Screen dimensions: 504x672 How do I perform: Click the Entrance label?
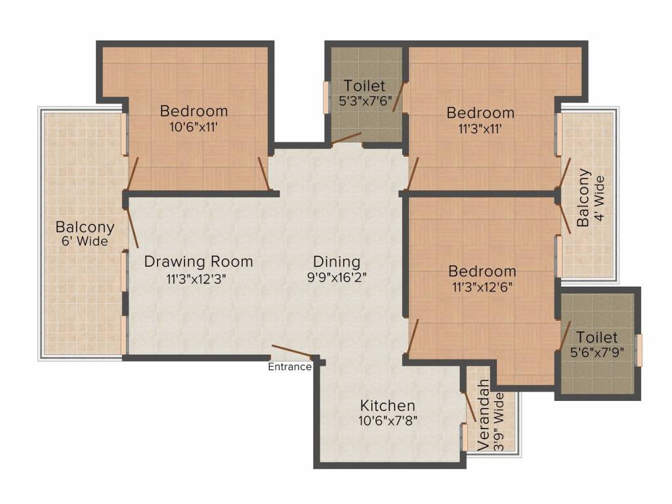[289, 367]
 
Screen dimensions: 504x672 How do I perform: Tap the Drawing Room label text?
[198, 261]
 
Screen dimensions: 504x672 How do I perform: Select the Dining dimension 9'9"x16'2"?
[337, 277]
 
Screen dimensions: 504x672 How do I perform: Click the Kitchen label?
[387, 406]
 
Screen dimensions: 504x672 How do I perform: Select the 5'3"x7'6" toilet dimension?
[364, 102]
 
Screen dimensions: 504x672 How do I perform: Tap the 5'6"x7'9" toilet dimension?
[598, 352]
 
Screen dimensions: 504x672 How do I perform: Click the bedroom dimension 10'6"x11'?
[194, 127]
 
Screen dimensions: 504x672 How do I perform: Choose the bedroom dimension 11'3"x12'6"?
[482, 287]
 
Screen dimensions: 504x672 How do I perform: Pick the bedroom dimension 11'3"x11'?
[480, 129]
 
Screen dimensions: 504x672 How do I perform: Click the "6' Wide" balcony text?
[85, 242]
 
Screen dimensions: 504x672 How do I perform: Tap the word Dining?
[337, 261]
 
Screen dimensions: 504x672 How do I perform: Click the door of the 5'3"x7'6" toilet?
[346, 138]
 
